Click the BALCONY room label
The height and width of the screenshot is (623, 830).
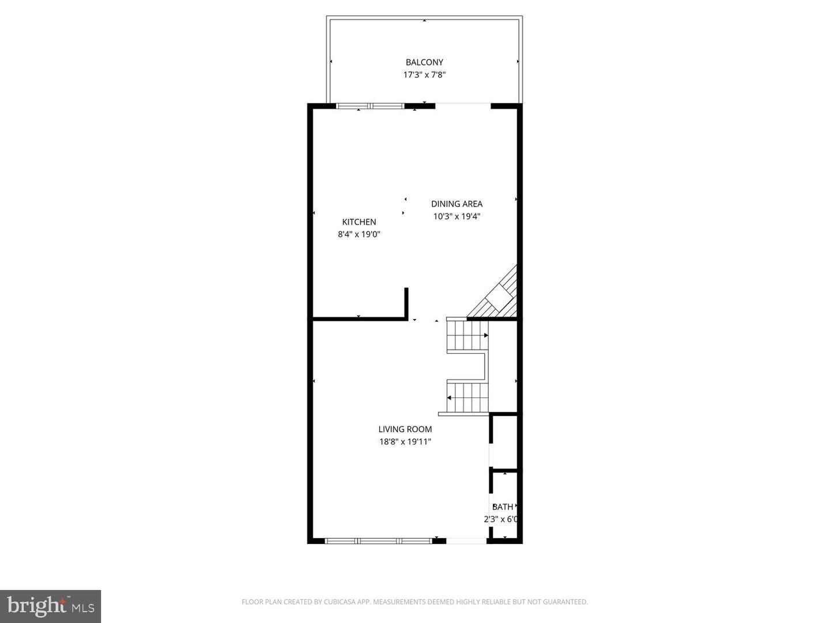click(424, 62)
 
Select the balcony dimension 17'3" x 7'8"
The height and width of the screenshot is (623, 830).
click(424, 75)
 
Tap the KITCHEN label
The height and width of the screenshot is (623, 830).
click(359, 222)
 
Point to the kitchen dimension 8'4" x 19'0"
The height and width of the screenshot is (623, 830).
click(359, 235)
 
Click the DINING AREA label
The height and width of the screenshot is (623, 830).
click(456, 204)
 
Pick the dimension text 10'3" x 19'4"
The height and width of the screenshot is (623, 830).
click(456, 217)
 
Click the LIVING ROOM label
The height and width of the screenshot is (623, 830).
click(405, 429)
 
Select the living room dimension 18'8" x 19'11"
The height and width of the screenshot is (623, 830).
click(405, 442)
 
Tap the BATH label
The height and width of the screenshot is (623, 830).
click(503, 507)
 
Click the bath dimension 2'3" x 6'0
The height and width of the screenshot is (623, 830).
click(501, 519)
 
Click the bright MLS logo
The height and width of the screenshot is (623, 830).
click(51, 606)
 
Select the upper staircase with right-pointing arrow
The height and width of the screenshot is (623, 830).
click(467, 336)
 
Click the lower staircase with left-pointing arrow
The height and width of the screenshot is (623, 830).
click(467, 397)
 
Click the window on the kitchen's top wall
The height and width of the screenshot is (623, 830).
click(370, 106)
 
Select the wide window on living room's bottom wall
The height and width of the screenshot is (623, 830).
click(378, 541)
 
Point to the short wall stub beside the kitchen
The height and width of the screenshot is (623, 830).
click(406, 302)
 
